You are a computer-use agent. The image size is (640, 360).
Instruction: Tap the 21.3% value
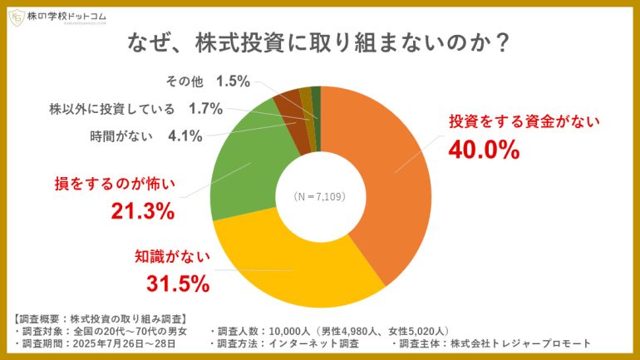click(x=142, y=211)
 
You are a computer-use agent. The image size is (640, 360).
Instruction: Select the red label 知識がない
click(x=173, y=257)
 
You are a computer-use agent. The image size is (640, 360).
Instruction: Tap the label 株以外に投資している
click(x=111, y=108)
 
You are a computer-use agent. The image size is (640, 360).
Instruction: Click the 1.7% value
click(x=205, y=108)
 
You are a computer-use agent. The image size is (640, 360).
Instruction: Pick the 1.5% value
click(x=233, y=81)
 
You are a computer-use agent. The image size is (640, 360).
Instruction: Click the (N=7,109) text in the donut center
click(x=320, y=197)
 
